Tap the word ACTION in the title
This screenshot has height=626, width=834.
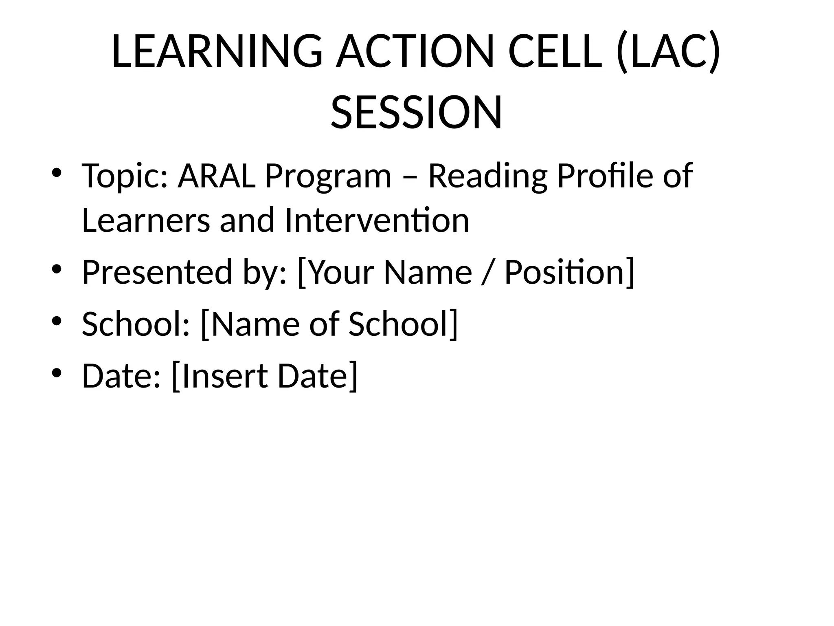[x=415, y=52]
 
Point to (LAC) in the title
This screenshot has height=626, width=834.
[x=668, y=52]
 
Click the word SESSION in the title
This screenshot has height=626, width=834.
[x=416, y=112]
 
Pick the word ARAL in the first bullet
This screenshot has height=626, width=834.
[x=217, y=176]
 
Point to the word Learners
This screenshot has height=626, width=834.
[x=146, y=220]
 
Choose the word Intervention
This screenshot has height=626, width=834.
[x=377, y=220]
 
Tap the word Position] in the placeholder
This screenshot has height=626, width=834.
[x=569, y=272]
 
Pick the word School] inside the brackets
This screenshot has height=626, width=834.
[x=403, y=324]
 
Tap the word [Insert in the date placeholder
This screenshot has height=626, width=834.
[x=220, y=376]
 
